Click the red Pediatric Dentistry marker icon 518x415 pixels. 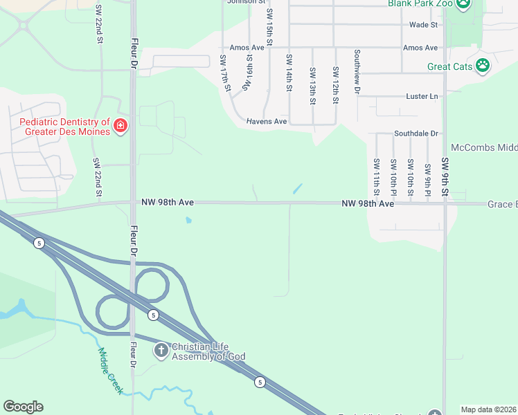(x=120, y=125)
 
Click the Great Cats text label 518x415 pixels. (x=449, y=67)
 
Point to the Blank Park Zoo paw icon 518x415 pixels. (x=463, y=5)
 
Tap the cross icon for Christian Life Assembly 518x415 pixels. (x=161, y=350)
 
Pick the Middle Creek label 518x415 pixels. (x=110, y=371)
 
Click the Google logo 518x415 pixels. (x=23, y=407)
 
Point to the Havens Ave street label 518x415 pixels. (x=267, y=121)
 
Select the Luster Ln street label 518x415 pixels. (x=423, y=96)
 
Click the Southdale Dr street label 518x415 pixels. (x=416, y=133)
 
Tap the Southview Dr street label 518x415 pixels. (x=357, y=71)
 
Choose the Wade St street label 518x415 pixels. (x=423, y=25)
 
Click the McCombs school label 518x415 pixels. (x=484, y=147)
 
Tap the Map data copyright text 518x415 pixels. (x=489, y=409)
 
